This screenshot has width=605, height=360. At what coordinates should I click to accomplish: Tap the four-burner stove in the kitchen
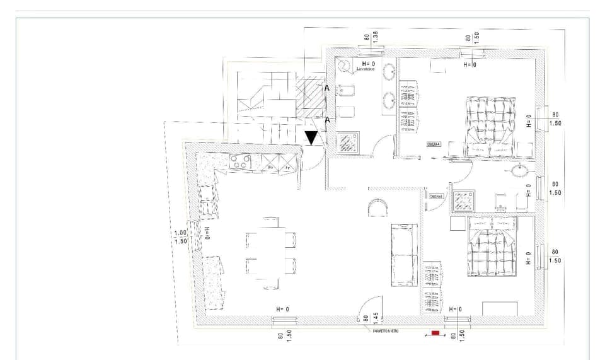241,162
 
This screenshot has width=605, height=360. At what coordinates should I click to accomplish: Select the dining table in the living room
270,252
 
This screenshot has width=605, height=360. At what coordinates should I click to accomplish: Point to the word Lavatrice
366,69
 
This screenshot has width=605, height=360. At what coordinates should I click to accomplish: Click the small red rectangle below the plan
435,332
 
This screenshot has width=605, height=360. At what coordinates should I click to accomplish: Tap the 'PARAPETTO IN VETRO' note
381,331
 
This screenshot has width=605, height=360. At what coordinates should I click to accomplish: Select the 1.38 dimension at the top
375,36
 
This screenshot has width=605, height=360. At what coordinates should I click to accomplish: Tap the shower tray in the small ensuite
464,200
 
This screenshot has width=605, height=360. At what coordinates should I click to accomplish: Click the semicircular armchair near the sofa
376,207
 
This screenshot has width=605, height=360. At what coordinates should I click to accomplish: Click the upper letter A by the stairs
326,89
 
